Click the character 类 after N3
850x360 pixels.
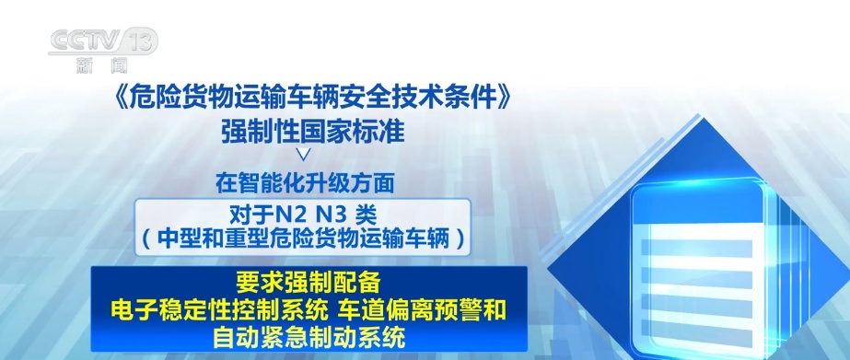pos(367,214)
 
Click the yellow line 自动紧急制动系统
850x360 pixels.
pos(309,337)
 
